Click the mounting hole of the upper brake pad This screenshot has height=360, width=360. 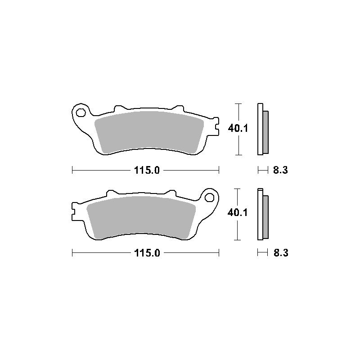pos(81,112)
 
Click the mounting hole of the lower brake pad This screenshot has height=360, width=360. pos(209,196)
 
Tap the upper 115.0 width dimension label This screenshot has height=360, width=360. pos(146,171)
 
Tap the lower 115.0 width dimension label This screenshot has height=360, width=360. pos(146,253)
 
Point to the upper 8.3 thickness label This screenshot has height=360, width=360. pos(280,171)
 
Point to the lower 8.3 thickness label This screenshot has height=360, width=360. pos(280,253)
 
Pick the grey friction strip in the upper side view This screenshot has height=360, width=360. pos(265,131)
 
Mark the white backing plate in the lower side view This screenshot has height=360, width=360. pos(260,214)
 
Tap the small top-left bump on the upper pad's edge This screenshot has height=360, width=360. pos(119,109)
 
